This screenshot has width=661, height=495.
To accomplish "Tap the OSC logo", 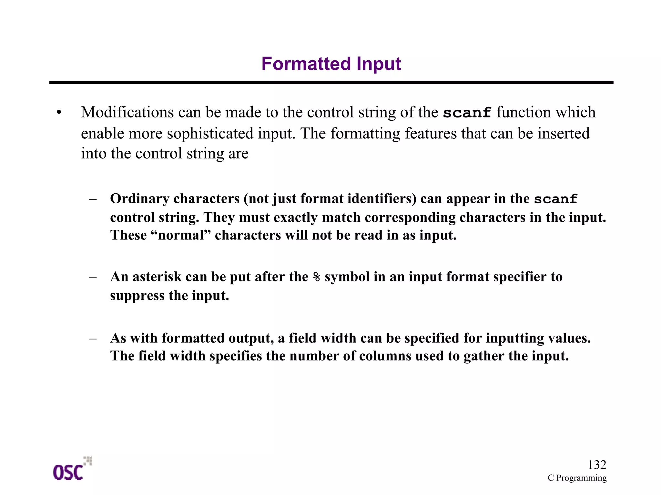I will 72,470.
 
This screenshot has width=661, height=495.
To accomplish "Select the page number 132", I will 597,465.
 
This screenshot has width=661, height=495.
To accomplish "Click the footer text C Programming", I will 577,478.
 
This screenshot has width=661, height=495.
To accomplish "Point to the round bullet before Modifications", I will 58,113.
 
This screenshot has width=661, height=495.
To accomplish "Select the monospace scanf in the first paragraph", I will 467,113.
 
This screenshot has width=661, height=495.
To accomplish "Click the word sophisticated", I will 210,134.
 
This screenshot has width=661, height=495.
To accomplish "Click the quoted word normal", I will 181,235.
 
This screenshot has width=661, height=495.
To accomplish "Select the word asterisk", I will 157,277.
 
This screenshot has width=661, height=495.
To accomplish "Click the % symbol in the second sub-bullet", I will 317,277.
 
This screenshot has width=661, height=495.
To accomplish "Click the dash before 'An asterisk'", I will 93,277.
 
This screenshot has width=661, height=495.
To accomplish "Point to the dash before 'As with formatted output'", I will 93,338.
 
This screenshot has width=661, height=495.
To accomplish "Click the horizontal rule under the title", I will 331,83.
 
